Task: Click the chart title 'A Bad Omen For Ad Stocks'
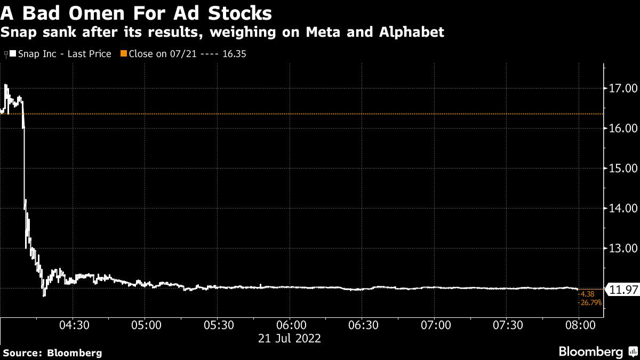click(x=135, y=13)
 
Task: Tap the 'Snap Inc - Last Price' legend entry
click(x=65, y=54)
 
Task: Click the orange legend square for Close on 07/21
click(x=123, y=54)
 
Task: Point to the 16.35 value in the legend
click(x=235, y=54)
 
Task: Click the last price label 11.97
click(x=623, y=290)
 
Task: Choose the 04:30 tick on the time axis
click(x=74, y=326)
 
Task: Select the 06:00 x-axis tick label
click(x=291, y=326)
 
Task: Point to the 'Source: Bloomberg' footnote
click(x=51, y=353)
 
